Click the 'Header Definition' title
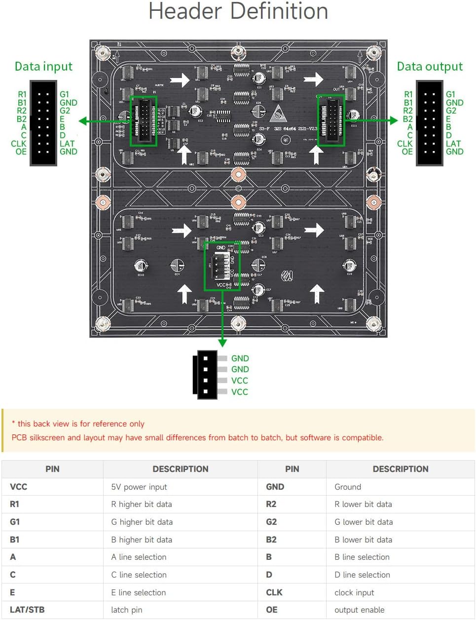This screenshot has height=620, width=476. click(x=238, y=12)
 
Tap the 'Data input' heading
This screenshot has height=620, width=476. click(x=43, y=67)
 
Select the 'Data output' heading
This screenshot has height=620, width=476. click(x=430, y=67)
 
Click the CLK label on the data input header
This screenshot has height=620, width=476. click(x=19, y=144)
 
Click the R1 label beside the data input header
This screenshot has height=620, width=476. click(x=22, y=94)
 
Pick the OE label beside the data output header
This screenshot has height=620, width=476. click(x=407, y=152)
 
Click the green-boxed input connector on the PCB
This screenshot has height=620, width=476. click(x=144, y=121)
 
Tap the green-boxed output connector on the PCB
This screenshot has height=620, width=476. click(x=331, y=121)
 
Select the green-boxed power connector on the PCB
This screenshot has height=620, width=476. click(x=222, y=266)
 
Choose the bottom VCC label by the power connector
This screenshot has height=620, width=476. click(x=240, y=392)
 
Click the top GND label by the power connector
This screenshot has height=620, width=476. click(x=240, y=358)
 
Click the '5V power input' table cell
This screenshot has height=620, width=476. click(x=139, y=487)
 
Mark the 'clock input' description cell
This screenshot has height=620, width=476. click(x=354, y=592)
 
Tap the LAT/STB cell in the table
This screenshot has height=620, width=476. click(x=27, y=610)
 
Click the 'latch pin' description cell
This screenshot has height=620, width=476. click(x=127, y=610)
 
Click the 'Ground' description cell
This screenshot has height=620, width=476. click(x=348, y=487)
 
